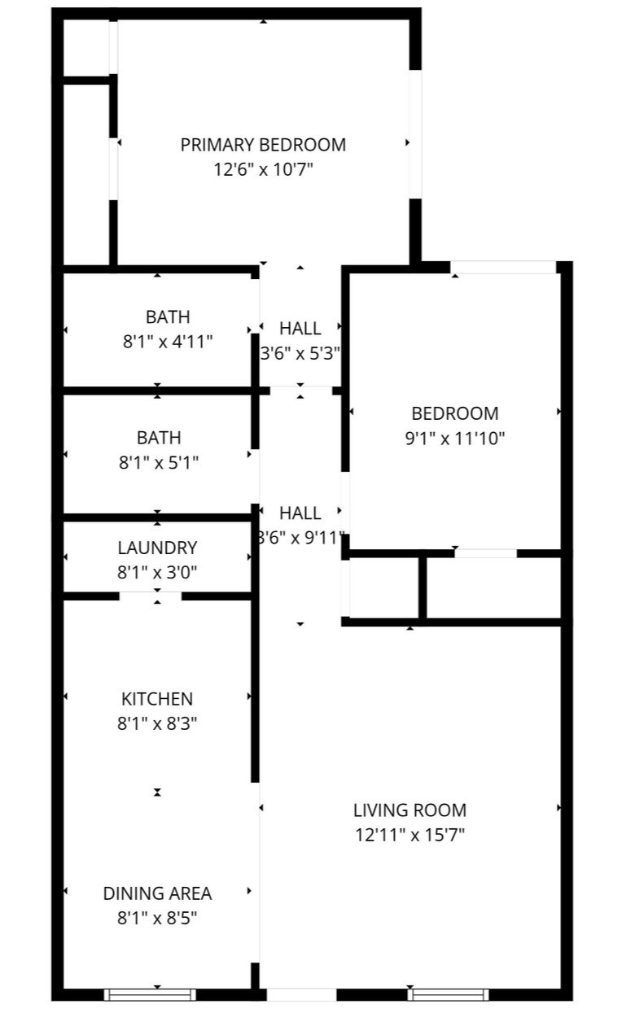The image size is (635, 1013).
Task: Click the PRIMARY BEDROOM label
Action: click(x=263, y=145)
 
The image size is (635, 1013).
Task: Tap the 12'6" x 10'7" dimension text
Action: click(x=263, y=170)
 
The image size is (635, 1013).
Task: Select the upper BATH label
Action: click(x=168, y=317)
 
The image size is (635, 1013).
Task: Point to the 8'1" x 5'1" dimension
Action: click(x=159, y=463)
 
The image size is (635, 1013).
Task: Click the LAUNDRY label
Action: click(x=157, y=548)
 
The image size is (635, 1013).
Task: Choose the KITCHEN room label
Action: click(x=157, y=699)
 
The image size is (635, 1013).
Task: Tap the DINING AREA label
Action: click(x=157, y=893)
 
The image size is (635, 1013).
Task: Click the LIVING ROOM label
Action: click(x=409, y=810)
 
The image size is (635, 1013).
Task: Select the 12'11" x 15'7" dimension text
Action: click(x=409, y=835)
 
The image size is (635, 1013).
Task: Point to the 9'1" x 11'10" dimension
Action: click(x=455, y=439)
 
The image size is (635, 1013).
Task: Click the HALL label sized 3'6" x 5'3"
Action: click(x=300, y=329)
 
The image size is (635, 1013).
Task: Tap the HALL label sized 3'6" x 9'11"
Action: click(x=300, y=513)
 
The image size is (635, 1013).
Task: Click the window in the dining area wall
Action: click(x=151, y=994)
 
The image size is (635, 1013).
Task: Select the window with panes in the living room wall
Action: click(x=449, y=994)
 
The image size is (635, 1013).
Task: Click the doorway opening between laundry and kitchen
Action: click(x=151, y=596)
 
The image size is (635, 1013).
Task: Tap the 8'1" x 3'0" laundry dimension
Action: click(x=157, y=573)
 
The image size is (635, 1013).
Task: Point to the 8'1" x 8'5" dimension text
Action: click(x=157, y=919)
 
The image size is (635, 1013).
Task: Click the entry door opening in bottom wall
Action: click(x=301, y=994)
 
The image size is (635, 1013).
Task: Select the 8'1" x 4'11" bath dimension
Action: click(x=168, y=342)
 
